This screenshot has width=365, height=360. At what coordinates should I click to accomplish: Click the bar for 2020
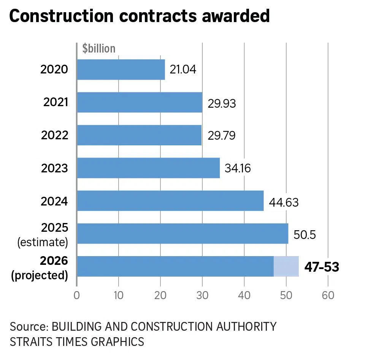[x=121, y=70]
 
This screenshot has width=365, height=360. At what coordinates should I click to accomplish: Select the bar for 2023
[x=148, y=168]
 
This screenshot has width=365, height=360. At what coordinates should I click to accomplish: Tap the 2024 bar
[x=170, y=201]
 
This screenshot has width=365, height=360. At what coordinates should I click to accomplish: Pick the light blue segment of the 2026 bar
[x=286, y=266]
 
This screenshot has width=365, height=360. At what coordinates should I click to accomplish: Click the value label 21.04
[x=183, y=70]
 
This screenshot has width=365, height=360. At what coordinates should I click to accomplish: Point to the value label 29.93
[x=222, y=104]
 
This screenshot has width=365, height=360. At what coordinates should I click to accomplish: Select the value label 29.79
[x=221, y=136]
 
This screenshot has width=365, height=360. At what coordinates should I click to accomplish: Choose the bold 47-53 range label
[x=322, y=267]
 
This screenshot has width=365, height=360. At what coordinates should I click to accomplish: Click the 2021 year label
[x=56, y=102]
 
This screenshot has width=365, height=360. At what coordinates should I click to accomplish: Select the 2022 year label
[x=54, y=135]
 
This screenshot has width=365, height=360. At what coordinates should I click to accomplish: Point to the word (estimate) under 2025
[x=43, y=242]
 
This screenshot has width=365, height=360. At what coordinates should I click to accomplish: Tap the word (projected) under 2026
[x=40, y=275]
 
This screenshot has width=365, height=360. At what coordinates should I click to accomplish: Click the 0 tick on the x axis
[x=77, y=295]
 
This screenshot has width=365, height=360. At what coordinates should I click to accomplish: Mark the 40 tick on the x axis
[x=244, y=295]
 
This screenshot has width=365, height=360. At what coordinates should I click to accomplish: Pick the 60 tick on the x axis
[x=328, y=295]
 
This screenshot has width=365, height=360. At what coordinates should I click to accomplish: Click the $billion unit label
[x=99, y=48]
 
